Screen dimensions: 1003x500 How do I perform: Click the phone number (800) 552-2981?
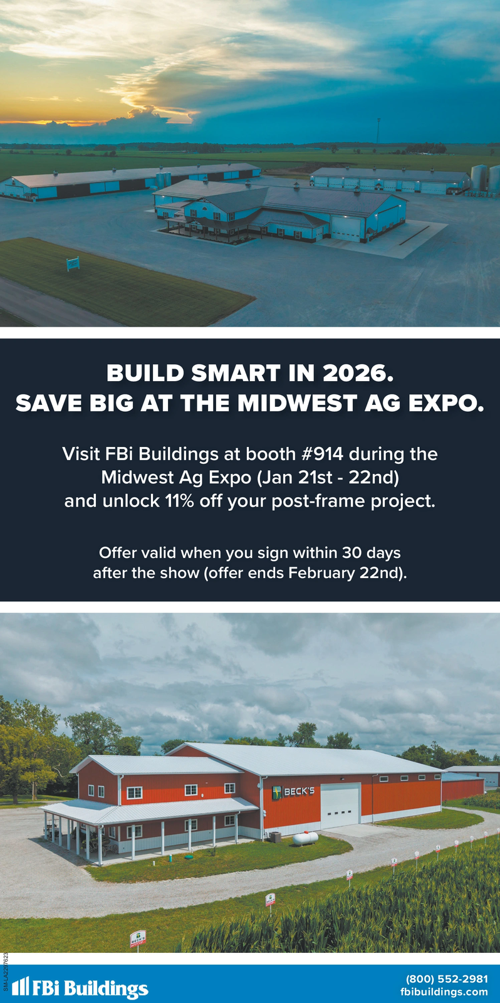[x=447, y=979]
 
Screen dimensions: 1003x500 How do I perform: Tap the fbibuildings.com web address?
[x=444, y=992]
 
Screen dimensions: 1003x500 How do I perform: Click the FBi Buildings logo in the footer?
[x=81, y=988]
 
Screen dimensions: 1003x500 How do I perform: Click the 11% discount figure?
[x=180, y=501]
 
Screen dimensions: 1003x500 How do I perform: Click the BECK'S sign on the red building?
[x=294, y=792]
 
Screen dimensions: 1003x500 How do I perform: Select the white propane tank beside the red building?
[x=305, y=838]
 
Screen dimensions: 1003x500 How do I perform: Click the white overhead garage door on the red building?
[x=340, y=806]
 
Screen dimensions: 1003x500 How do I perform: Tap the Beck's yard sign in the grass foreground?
[x=138, y=938]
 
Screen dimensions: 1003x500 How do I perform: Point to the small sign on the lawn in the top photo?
[x=73, y=264]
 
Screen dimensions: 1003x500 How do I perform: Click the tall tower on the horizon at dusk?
[x=378, y=130]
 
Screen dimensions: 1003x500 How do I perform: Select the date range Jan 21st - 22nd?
[x=328, y=478]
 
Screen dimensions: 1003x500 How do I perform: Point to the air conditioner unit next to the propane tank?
[x=275, y=837]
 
